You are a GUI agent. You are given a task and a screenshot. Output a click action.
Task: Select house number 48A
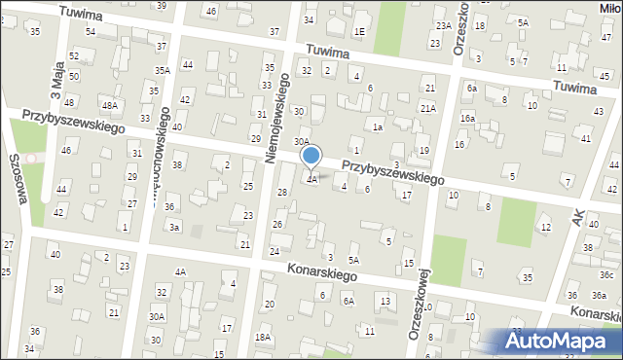click(x=110, y=105)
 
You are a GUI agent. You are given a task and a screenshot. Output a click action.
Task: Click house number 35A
click(x=163, y=71)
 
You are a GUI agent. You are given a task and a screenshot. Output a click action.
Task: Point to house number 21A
click(x=427, y=107)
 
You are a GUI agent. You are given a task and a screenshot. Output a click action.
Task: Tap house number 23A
click(x=444, y=26)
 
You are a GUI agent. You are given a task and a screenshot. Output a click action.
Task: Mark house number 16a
click(x=468, y=118)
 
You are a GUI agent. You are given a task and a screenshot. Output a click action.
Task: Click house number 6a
click(x=471, y=88)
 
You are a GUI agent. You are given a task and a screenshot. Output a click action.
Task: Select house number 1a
click(x=377, y=126)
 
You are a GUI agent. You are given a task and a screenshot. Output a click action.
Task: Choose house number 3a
click(x=174, y=227)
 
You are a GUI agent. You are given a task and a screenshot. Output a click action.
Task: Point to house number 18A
click(x=262, y=337)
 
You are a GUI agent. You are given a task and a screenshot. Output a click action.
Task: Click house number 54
click(x=90, y=32)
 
